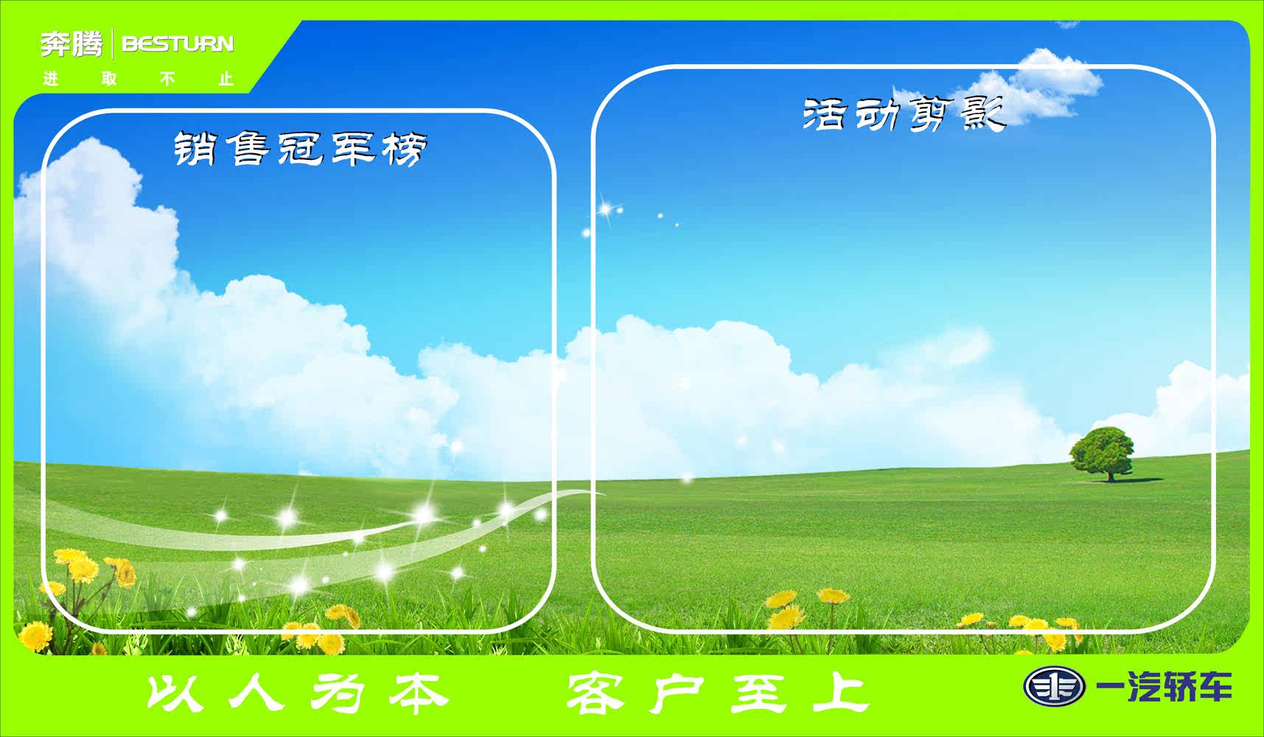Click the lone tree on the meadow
pyautogui.click(x=1102, y=451)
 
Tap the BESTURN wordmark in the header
pyautogui.click(x=178, y=44)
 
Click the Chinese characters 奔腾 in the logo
pyautogui.click(x=71, y=44)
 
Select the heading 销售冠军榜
pyautogui.click(x=300, y=148)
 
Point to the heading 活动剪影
pyautogui.click(x=904, y=113)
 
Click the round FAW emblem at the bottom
pyautogui.click(x=1054, y=687)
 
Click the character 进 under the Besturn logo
pyautogui.click(x=50, y=79)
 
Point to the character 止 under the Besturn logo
pyautogui.click(x=226, y=79)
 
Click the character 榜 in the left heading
pyautogui.click(x=405, y=148)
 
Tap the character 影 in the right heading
pyautogui.click(x=984, y=113)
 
